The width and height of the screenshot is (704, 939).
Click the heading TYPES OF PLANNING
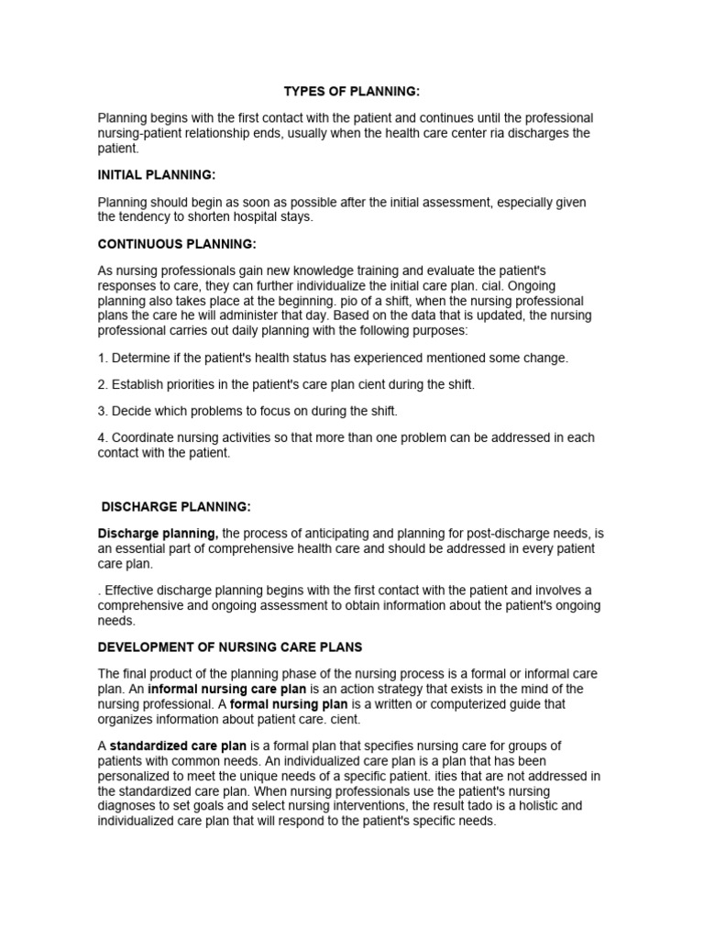tap(352, 92)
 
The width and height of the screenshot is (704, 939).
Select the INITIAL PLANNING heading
tap(157, 174)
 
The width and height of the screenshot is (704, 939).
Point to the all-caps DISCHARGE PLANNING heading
tap(176, 506)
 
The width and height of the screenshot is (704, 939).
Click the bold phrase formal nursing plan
tap(281, 703)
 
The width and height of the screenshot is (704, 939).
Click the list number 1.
tap(103, 358)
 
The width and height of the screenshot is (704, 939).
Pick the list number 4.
tap(103, 437)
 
